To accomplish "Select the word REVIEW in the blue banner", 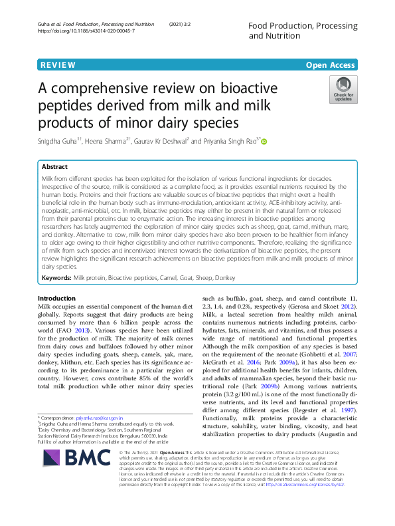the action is click(58, 65).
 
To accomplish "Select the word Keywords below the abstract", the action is click(58, 277).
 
